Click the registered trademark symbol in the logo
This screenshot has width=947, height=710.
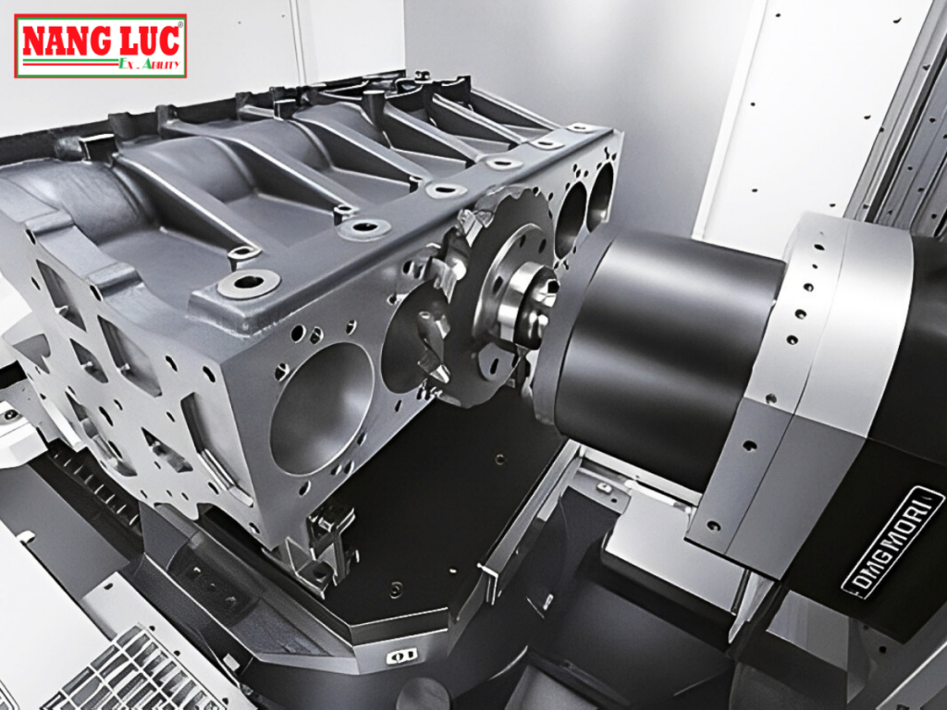click(x=179, y=25)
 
